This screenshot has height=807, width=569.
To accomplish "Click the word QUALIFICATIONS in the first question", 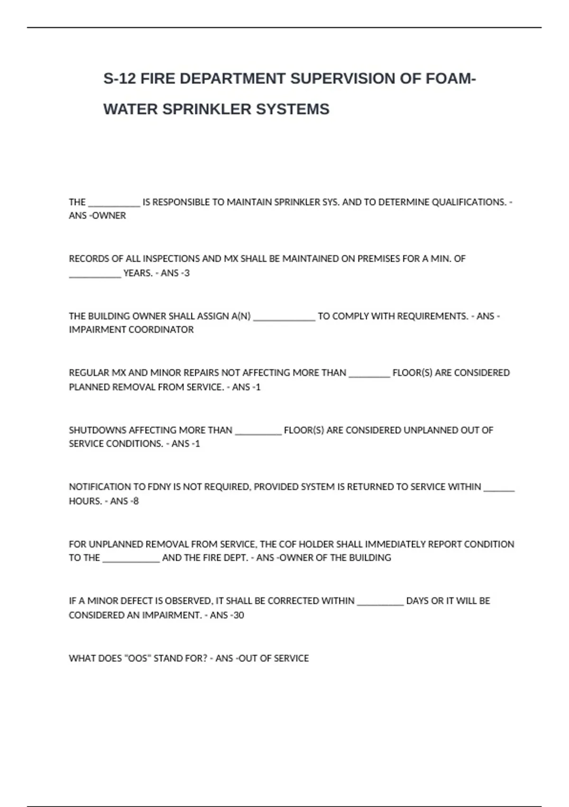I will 469,202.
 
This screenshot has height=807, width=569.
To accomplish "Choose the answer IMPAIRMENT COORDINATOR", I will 131,329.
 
